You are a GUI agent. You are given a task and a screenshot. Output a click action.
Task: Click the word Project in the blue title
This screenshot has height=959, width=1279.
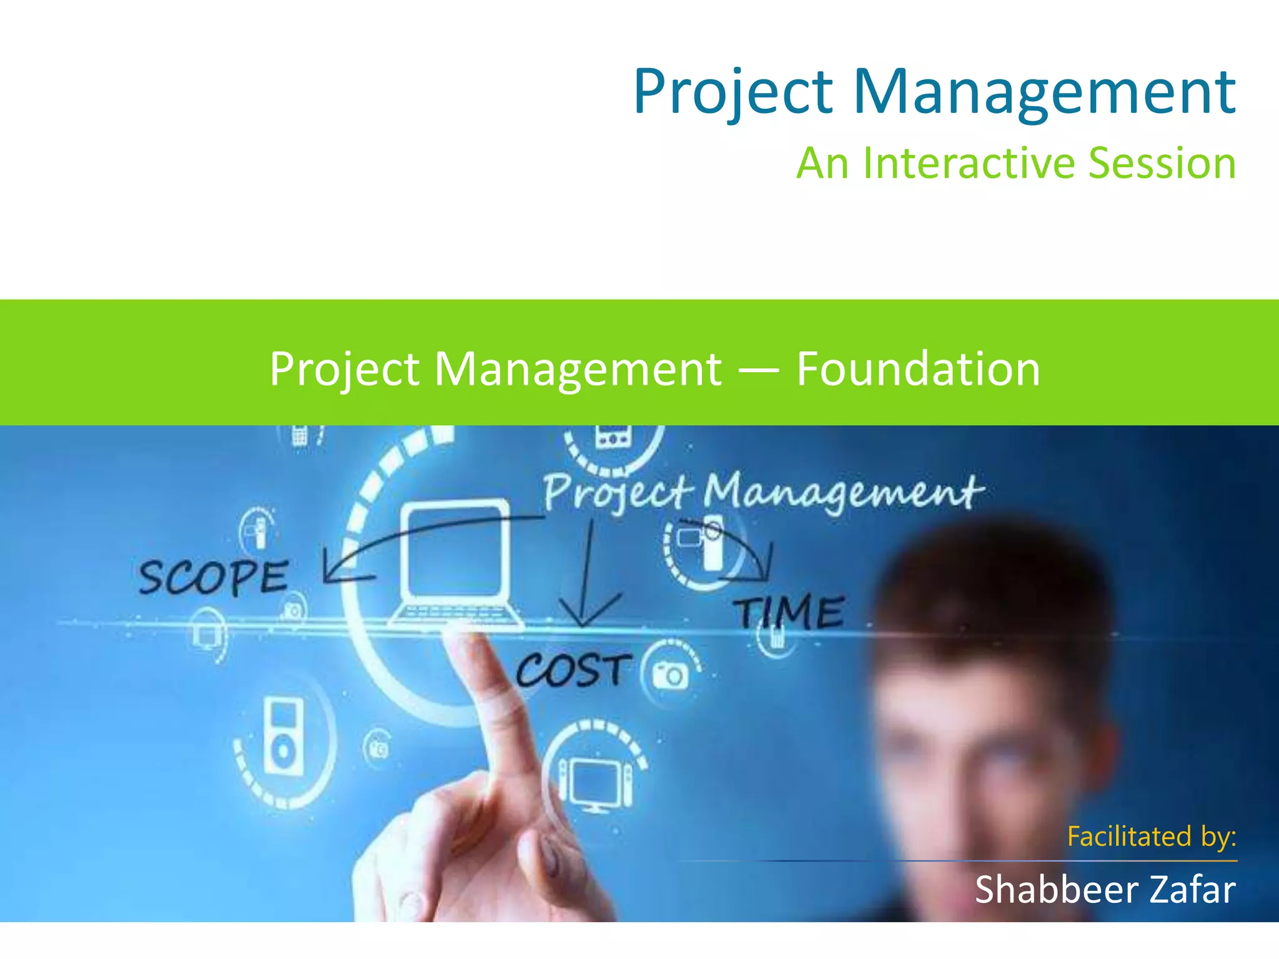click(x=733, y=92)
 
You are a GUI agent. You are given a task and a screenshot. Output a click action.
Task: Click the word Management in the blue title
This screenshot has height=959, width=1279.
click(x=1044, y=92)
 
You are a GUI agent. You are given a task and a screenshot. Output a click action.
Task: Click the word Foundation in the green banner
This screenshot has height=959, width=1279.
click(x=918, y=369)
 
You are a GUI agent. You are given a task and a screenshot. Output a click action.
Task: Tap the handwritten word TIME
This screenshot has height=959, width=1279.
click(x=789, y=611)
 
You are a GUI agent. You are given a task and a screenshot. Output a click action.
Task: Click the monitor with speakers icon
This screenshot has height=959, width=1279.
click(x=595, y=780)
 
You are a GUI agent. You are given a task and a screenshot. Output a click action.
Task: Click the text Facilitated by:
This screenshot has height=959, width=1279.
click(x=1151, y=836)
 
